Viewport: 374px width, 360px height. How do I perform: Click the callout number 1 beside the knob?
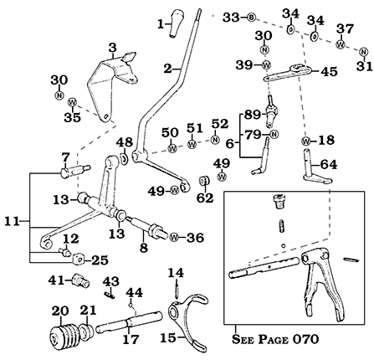(161, 24)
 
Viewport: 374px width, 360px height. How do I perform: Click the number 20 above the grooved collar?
(59, 311)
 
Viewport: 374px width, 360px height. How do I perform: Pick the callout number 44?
(135, 291)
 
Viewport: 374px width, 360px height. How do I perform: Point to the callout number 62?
(205, 198)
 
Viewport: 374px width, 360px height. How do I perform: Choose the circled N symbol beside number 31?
(361, 54)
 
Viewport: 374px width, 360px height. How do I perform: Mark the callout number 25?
(99, 260)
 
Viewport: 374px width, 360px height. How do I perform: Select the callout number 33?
(230, 16)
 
